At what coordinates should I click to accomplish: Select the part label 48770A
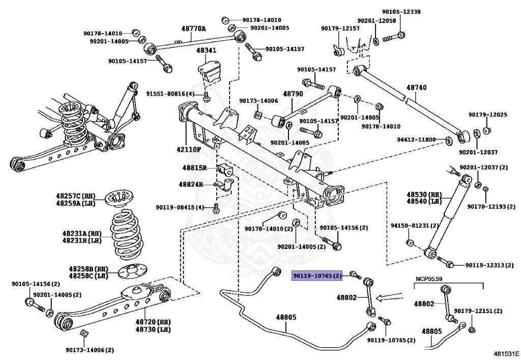(x=194, y=29)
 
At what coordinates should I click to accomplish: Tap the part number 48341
(x=207, y=51)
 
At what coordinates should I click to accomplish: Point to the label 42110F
(x=189, y=149)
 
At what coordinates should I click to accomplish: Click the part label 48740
(x=416, y=88)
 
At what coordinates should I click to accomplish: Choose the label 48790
(x=293, y=94)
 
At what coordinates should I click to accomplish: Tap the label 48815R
(x=193, y=168)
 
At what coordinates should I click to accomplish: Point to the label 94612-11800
(x=417, y=139)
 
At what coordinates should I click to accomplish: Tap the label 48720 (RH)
(x=153, y=322)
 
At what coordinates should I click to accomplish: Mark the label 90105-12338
(x=401, y=11)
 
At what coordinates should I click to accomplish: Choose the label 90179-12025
(x=487, y=115)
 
